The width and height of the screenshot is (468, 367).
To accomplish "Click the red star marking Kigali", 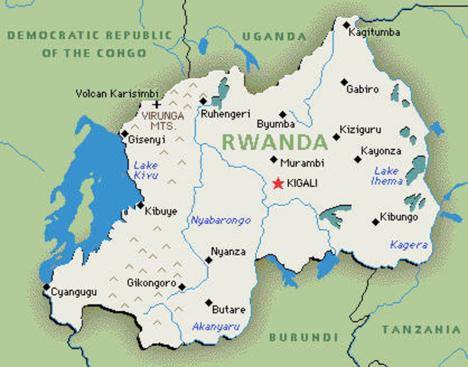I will click(x=278, y=183).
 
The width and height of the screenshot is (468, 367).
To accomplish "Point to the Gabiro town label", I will click(x=362, y=89).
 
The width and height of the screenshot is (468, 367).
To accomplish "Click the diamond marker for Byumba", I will click(x=283, y=114).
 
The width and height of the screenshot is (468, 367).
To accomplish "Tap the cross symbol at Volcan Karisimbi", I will click(x=157, y=105).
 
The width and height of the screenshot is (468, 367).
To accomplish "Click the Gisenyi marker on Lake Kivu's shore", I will click(x=125, y=135).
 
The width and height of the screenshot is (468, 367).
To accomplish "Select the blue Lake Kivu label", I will click(x=145, y=171).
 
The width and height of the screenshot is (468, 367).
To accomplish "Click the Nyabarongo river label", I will click(x=219, y=221).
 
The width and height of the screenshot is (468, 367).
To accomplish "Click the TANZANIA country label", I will click(x=421, y=330).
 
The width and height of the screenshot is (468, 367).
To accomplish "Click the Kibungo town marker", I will click(x=375, y=222).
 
